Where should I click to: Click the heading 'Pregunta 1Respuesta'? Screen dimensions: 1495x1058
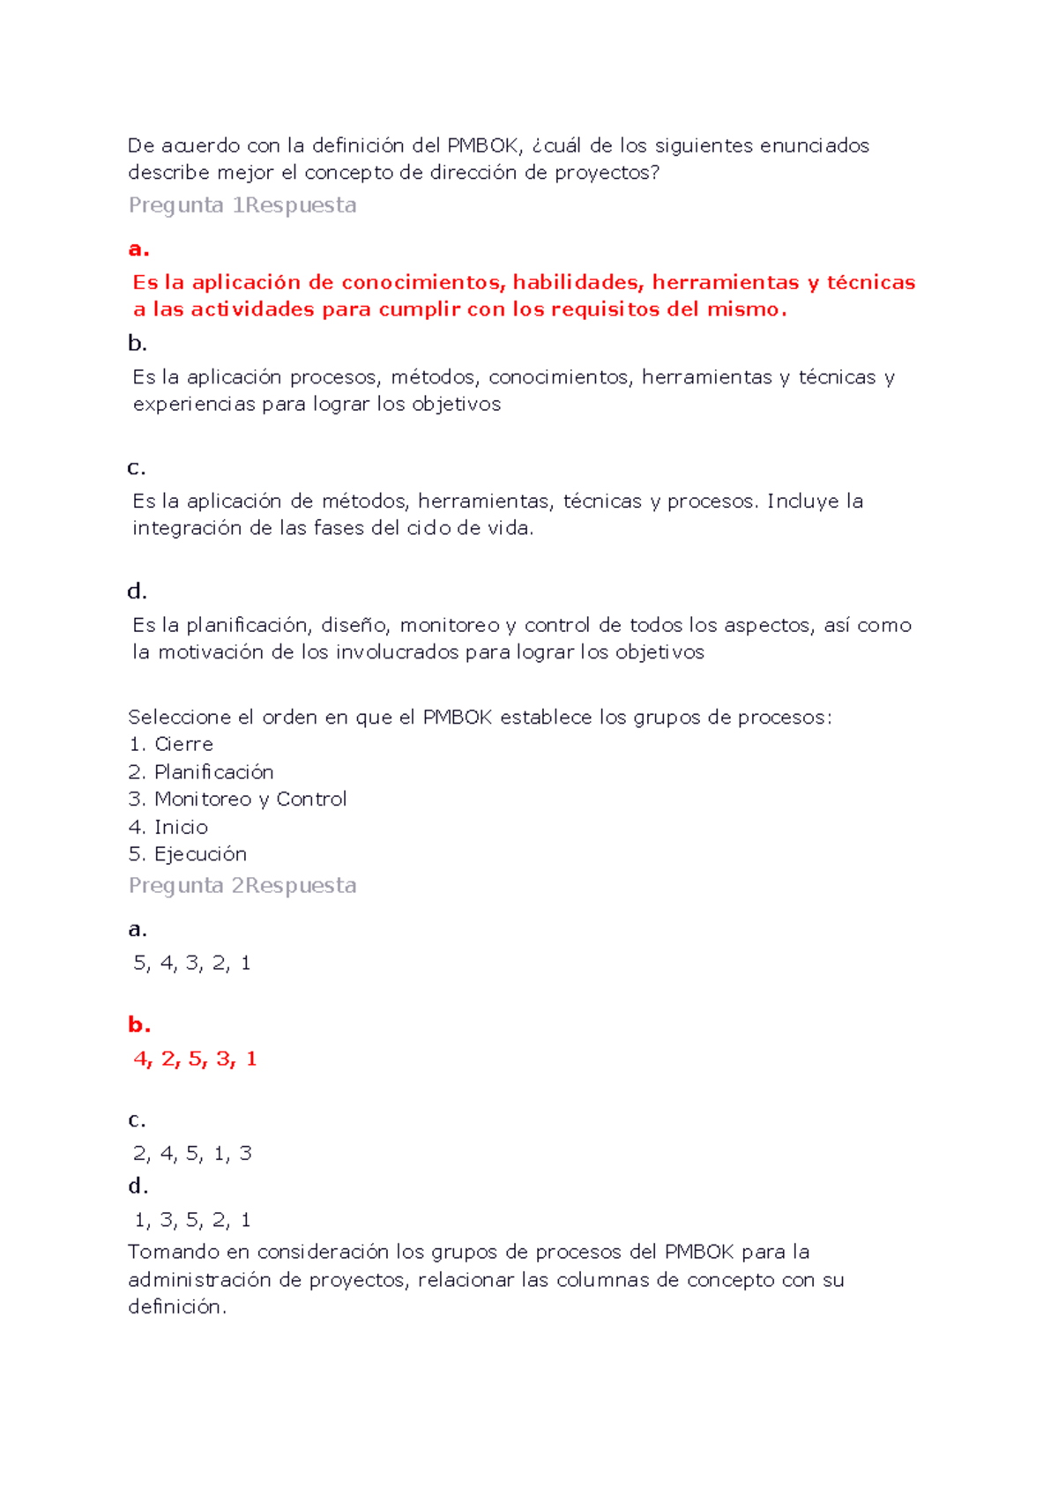242,205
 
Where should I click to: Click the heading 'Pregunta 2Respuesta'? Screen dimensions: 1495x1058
242,886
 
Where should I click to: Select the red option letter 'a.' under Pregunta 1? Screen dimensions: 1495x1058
138,249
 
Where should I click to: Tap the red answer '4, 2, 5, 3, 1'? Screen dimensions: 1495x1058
195,1059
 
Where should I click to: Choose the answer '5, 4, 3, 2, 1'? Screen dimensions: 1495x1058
192,963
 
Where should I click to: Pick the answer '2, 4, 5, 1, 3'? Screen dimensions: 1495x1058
192,1154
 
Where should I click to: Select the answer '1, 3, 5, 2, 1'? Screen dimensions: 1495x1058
192,1221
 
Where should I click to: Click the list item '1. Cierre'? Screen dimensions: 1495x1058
171,745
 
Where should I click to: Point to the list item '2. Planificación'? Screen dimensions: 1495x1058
201,773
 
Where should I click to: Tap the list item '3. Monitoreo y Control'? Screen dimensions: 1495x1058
237,800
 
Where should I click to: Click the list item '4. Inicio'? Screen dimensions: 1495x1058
168,828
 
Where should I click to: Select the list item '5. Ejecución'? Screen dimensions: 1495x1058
188,854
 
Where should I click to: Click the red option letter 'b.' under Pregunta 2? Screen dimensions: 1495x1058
138,1025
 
